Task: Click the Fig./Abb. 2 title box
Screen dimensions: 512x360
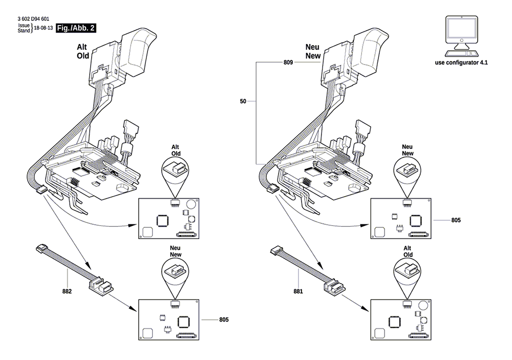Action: coord(76,28)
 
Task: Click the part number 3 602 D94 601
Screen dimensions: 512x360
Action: coord(33,19)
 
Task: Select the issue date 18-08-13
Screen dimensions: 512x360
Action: coord(44,28)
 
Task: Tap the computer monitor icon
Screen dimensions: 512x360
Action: coord(461,36)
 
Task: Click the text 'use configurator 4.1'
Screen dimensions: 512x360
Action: coord(461,62)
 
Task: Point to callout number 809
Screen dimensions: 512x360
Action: coord(288,62)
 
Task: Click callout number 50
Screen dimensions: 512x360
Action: coord(243,101)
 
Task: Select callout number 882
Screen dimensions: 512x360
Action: coord(67,291)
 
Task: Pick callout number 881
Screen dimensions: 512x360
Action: coord(298,291)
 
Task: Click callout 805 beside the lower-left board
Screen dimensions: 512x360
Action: coord(224,320)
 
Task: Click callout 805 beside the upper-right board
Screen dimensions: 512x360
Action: coord(456,220)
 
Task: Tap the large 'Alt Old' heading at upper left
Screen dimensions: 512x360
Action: coord(82,51)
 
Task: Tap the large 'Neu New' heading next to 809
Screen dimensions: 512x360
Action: coord(313,51)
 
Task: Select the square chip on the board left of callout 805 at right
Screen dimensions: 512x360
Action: coord(415,220)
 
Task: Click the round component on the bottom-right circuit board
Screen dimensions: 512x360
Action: coord(422,306)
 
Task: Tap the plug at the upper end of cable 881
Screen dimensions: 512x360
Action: coord(275,250)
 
